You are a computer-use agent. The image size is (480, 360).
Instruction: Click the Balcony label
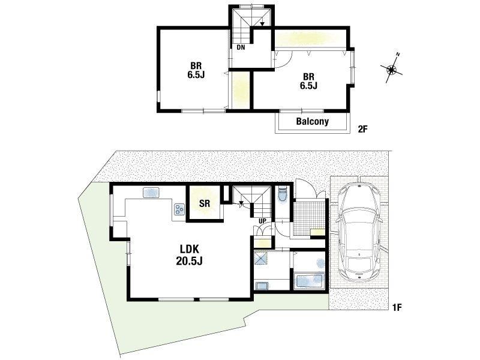(312, 122)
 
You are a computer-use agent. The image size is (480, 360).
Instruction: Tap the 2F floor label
(362, 129)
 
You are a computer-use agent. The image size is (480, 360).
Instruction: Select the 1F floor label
(397, 307)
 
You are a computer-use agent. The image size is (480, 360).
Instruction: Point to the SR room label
(205, 203)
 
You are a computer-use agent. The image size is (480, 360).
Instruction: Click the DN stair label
(241, 47)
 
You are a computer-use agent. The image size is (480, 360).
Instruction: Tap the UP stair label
(262, 221)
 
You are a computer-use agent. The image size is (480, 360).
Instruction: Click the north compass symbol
(392, 69)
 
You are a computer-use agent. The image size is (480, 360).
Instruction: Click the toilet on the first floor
(281, 194)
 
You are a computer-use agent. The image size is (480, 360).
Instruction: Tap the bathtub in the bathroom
(309, 281)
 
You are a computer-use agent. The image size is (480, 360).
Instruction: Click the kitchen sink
(151, 193)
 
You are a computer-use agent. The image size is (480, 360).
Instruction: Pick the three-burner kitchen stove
(179, 209)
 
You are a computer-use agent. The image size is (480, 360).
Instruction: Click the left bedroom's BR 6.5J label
(196, 70)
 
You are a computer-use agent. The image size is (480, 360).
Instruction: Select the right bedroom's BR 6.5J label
(308, 81)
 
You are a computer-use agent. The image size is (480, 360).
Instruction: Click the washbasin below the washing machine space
(262, 286)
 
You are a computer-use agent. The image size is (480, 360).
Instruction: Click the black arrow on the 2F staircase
(262, 24)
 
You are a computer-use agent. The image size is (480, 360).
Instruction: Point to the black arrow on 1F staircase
(241, 203)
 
